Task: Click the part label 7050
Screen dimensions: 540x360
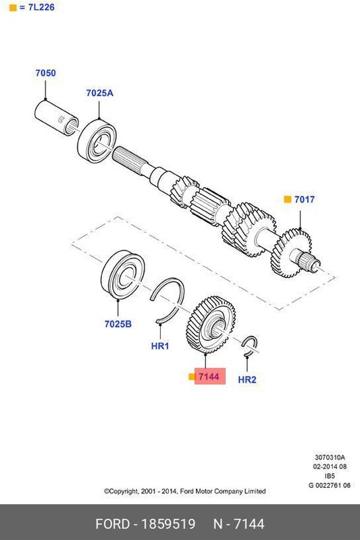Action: point(45,72)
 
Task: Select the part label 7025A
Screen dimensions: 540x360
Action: point(99,93)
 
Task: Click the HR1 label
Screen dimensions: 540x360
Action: point(159,346)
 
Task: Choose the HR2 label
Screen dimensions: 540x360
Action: point(247,380)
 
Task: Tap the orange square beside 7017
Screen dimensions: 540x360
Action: point(287,200)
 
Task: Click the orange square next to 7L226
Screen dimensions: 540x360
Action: point(12,7)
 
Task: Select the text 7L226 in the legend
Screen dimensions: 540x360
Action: point(41,7)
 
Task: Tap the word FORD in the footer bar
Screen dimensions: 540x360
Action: point(111,524)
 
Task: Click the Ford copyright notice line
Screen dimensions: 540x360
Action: point(184,491)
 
